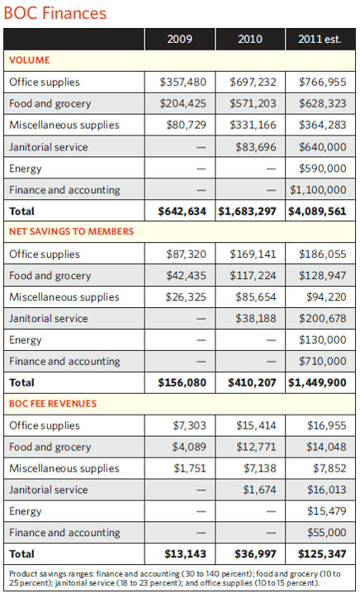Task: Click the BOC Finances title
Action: (x=55, y=13)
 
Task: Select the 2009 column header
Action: (x=180, y=39)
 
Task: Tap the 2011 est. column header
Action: (x=320, y=39)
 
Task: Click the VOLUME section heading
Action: (x=30, y=60)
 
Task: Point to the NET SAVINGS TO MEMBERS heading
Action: (x=71, y=231)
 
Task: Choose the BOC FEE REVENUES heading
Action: (x=53, y=404)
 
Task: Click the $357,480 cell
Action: (x=183, y=82)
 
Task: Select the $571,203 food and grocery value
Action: (x=253, y=103)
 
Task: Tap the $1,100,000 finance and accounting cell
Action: (x=318, y=190)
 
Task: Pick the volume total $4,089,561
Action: (x=317, y=211)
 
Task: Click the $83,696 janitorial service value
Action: (x=256, y=147)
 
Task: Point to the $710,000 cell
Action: (x=323, y=361)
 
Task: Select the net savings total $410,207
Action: (x=252, y=382)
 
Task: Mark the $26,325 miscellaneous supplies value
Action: (x=186, y=297)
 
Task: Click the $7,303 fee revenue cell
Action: (x=190, y=425)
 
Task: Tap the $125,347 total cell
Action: (x=322, y=553)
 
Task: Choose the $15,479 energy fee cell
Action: (x=327, y=511)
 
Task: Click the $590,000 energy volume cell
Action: (x=323, y=168)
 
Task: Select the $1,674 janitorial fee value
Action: (x=260, y=490)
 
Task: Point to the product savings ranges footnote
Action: (x=175, y=578)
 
